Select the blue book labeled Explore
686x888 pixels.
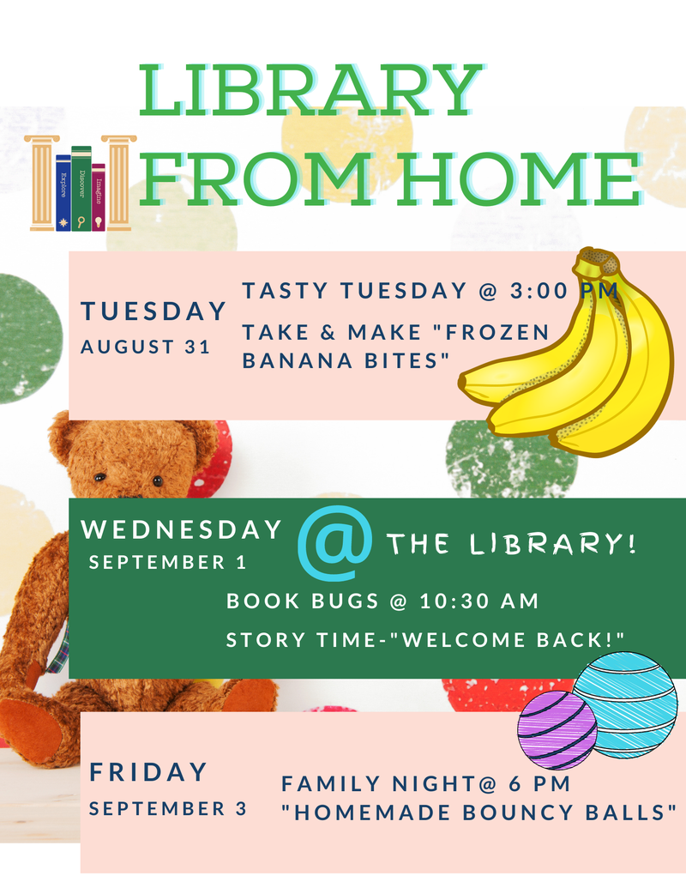pyautogui.click(x=63, y=192)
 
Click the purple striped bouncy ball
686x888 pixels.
pyautogui.click(x=557, y=729)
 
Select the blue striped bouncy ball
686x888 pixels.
pyautogui.click(x=626, y=704)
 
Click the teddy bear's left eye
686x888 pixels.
pyautogui.click(x=100, y=477)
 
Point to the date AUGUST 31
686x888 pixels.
pyautogui.click(x=146, y=347)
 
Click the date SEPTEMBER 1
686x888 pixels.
pyautogui.click(x=167, y=562)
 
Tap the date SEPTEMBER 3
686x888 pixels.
pyautogui.click(x=168, y=808)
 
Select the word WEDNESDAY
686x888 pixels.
pyautogui.click(x=181, y=529)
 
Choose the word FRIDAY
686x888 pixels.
pyautogui.click(x=148, y=772)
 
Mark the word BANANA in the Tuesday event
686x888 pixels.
pyautogui.click(x=298, y=360)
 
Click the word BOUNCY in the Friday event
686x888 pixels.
pyautogui.click(x=517, y=812)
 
